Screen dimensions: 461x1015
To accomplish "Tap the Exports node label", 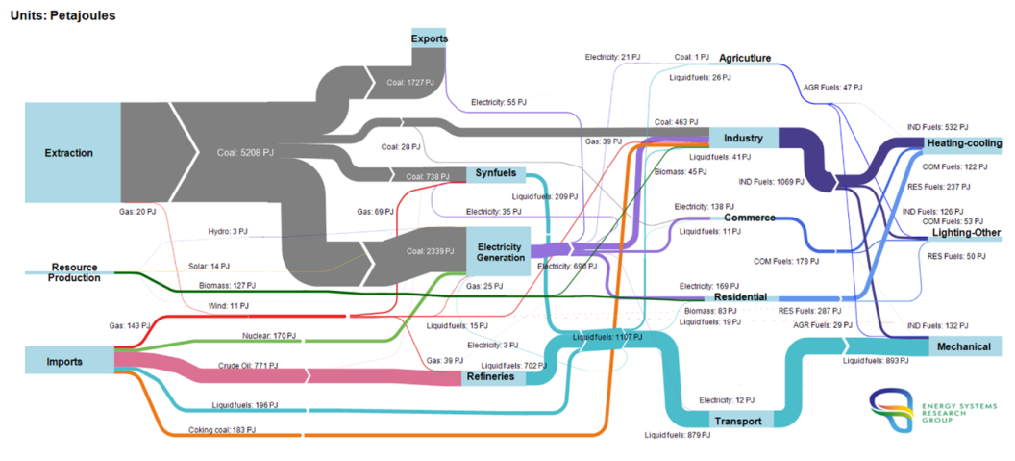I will (x=429, y=38).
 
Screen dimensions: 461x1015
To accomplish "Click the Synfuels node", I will (x=496, y=174).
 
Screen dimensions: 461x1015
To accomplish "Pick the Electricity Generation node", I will (x=500, y=251).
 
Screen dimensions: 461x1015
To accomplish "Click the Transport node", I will (x=738, y=421).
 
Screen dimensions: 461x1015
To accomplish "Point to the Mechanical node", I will (x=964, y=346).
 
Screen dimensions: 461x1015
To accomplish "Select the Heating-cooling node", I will (x=964, y=143).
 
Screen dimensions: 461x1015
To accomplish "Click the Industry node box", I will (x=743, y=138).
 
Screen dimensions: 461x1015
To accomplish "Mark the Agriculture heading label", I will (x=744, y=59).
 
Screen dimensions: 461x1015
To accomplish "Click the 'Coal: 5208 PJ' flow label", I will (x=246, y=152).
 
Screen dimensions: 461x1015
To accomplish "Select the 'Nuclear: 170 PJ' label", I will (x=269, y=336).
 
